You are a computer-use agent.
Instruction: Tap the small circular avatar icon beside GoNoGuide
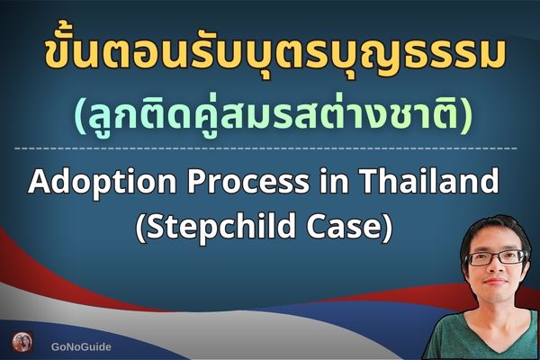click(x=22, y=343)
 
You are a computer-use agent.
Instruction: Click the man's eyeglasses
click(x=496, y=257)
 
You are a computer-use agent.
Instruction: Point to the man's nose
click(x=498, y=270)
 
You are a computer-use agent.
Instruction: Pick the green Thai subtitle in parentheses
click(x=270, y=113)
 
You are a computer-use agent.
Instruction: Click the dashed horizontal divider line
click(x=270, y=147)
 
